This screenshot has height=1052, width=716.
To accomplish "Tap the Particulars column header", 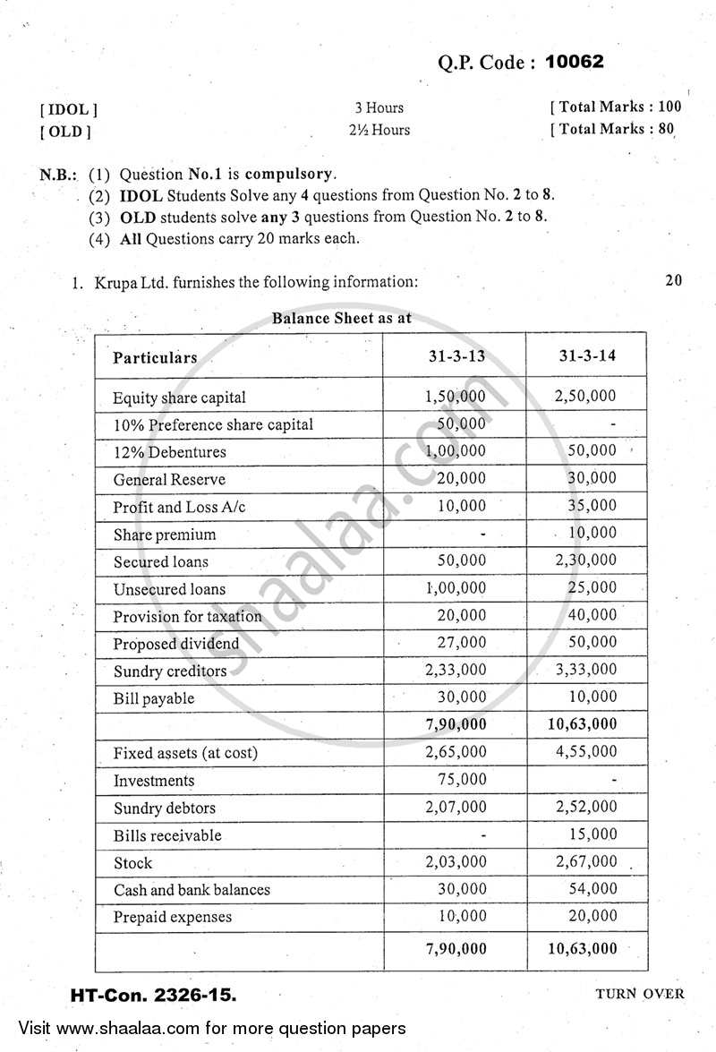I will tap(155, 357).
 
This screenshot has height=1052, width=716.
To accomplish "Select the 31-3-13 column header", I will tap(456, 355).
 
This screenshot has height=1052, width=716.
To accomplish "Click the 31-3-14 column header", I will tap(587, 355).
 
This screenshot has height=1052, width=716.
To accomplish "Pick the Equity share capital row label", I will tap(179, 398).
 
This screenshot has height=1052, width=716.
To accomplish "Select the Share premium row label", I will tap(165, 535).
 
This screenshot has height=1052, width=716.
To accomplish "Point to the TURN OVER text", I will tap(638, 993).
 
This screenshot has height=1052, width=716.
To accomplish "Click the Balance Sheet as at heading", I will tap(342, 318).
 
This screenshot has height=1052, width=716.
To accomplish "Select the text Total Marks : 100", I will tap(616, 107).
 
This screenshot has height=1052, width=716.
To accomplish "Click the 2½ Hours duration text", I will tap(379, 130).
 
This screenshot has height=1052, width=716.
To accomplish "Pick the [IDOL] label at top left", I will tap(68, 109).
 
